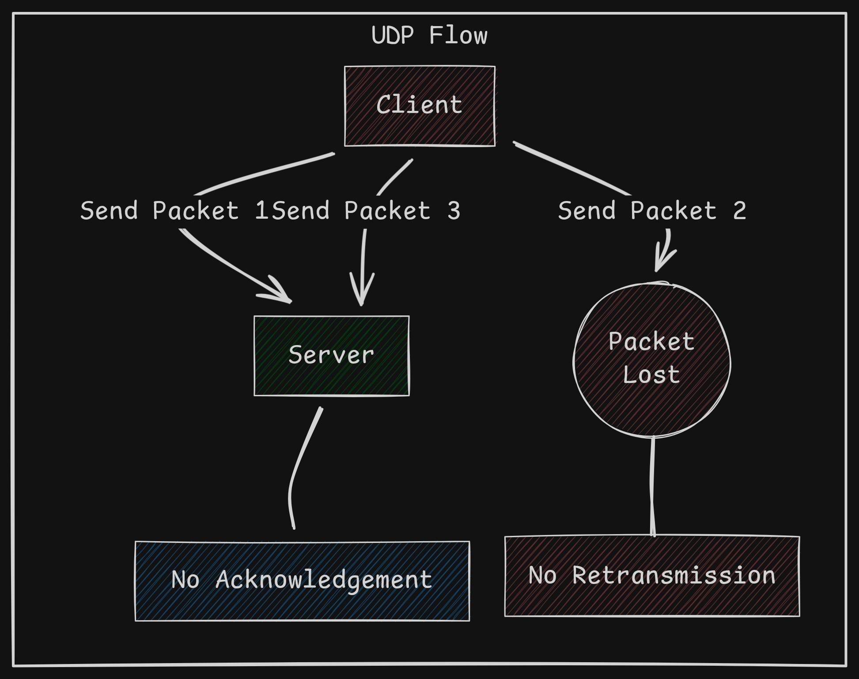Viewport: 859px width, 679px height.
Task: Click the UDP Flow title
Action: coord(429,35)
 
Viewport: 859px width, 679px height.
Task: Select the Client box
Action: coord(420,106)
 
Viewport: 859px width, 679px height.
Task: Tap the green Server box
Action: coord(331,356)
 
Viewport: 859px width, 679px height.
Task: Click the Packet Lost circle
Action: coord(652,360)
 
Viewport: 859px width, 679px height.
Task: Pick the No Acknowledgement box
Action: coord(302,580)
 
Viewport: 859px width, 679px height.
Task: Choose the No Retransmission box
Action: coord(652,576)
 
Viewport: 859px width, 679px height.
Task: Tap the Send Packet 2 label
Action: coord(652,211)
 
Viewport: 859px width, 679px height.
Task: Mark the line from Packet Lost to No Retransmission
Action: coord(652,486)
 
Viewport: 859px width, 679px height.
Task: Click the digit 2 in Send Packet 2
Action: coord(739,211)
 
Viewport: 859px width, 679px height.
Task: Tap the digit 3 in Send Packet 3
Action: coord(454,211)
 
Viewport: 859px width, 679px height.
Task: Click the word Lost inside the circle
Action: coord(651,375)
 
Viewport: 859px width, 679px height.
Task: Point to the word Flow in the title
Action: coord(458,35)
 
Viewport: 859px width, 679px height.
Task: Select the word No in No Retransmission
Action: coord(542,576)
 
